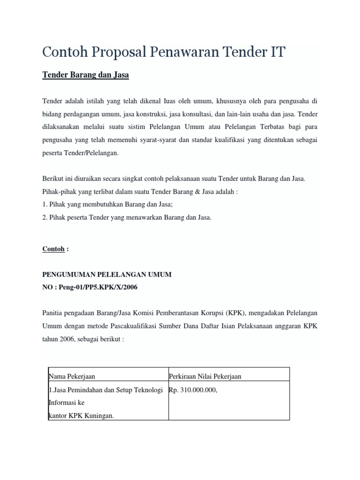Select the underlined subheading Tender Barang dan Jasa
tap(86, 75)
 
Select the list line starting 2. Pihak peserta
tap(127, 217)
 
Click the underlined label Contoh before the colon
tap(53, 249)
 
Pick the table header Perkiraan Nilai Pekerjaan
tap(205, 376)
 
